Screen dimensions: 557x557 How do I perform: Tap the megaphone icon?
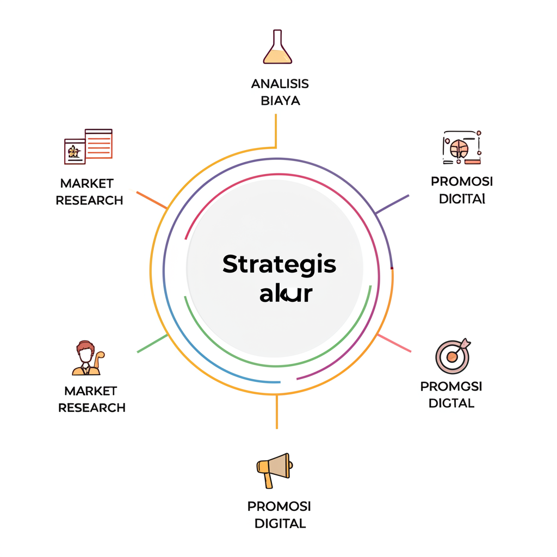tap(274, 469)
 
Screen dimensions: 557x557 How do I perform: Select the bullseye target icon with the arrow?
tap(453, 356)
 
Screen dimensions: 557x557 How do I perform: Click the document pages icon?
tap(88, 146)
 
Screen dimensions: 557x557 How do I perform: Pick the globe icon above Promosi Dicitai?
tap(460, 147)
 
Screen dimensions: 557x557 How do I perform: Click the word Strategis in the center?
tap(279, 265)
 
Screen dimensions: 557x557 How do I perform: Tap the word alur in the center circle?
tap(286, 294)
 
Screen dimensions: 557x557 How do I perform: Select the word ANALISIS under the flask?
tap(280, 84)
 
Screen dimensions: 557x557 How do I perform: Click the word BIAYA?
tap(280, 101)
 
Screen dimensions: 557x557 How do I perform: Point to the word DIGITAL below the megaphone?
tap(280, 524)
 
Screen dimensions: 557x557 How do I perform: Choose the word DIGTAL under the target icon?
tap(451, 403)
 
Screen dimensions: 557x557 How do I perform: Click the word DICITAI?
tap(461, 199)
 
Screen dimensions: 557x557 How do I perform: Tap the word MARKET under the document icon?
tap(87, 183)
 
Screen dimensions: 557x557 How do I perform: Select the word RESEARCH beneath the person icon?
tap(92, 407)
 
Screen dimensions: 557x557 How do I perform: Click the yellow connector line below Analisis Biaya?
tap(276, 131)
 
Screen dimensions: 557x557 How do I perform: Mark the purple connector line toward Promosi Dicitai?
tap(392, 204)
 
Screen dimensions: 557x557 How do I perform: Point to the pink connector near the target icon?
tap(394, 343)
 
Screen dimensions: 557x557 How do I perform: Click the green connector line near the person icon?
tap(152, 344)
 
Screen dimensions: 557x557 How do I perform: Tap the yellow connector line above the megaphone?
tap(276, 412)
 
